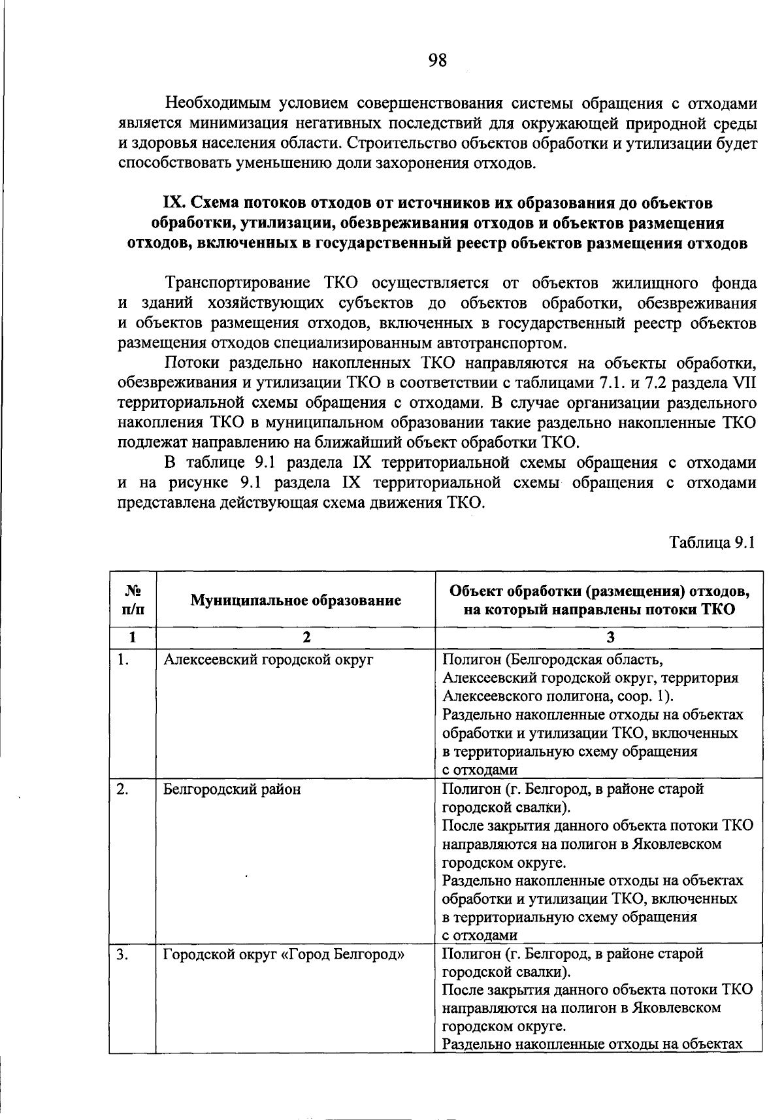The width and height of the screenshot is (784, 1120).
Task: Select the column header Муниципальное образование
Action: [295, 600]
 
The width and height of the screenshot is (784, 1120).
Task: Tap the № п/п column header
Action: [133, 600]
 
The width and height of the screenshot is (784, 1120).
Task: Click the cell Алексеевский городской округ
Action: [268, 659]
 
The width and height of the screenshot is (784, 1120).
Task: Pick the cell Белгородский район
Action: [232, 789]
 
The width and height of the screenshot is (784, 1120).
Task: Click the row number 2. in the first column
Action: [122, 789]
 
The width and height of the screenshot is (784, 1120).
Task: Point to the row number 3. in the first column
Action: [122, 953]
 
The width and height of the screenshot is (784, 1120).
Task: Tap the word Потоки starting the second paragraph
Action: [190, 363]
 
